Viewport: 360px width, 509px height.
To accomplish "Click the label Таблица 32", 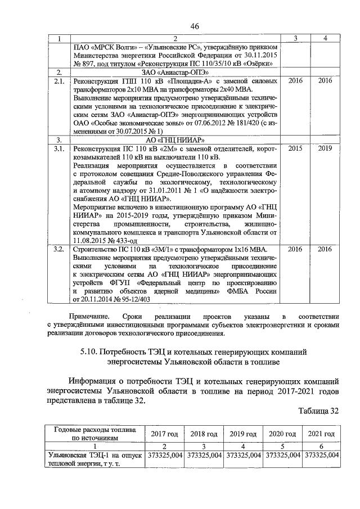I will tap(318, 411).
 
